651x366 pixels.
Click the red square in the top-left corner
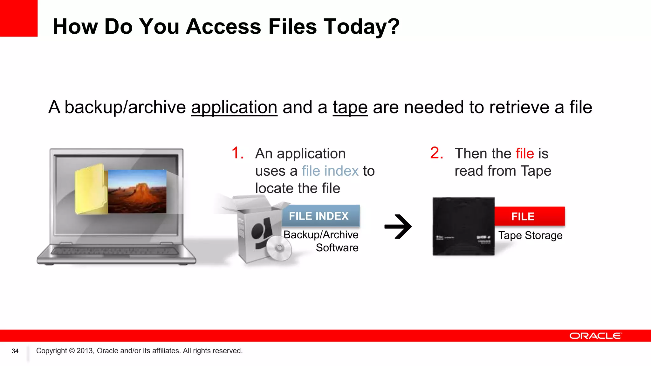[x=18, y=18]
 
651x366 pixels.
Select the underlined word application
[x=234, y=107]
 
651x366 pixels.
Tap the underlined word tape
[x=350, y=107]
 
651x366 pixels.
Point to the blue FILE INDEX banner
[x=320, y=216]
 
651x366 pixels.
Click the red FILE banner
[x=529, y=216]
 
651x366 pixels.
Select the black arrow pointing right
[x=398, y=227]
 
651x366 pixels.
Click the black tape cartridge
[x=463, y=226]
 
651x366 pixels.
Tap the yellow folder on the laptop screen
[x=91, y=189]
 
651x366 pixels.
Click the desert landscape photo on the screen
[x=137, y=191]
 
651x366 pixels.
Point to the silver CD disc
[x=279, y=248]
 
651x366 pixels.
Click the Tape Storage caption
[x=530, y=235]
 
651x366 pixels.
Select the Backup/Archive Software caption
[x=321, y=241]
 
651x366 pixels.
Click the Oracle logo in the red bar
[x=595, y=336]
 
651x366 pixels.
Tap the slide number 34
[x=15, y=351]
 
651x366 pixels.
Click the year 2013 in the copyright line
[x=85, y=351]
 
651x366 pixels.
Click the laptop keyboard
[x=114, y=251]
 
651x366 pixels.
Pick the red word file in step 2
[x=524, y=154]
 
